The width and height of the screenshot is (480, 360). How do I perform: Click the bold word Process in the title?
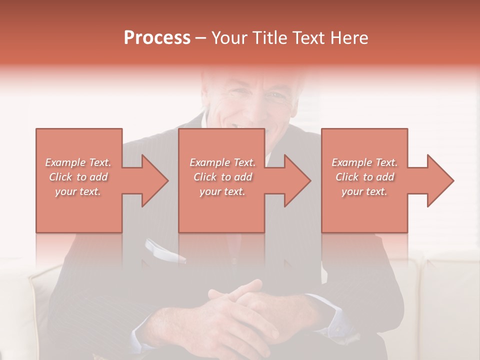pyautogui.click(x=157, y=38)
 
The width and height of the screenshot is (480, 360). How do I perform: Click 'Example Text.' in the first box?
pyautogui.click(x=78, y=162)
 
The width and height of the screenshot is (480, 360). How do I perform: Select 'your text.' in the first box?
pyautogui.click(x=78, y=191)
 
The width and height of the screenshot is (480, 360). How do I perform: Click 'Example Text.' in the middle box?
pyautogui.click(x=222, y=162)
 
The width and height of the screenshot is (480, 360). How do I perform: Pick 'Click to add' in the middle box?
pyautogui.click(x=222, y=177)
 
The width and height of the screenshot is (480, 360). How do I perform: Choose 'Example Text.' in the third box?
pyautogui.click(x=364, y=162)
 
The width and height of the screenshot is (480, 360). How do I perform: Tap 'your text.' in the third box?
pyautogui.click(x=364, y=191)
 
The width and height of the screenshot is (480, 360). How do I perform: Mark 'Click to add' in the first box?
pyautogui.click(x=78, y=177)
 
